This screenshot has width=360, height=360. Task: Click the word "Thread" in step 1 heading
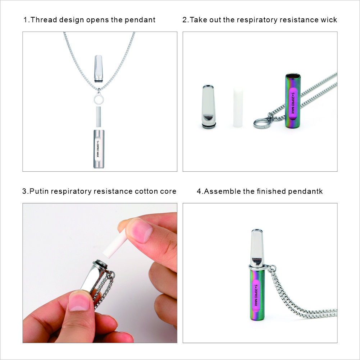[44, 20]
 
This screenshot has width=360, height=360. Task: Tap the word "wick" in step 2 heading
[329, 20]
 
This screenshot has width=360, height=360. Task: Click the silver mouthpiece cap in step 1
[99, 68]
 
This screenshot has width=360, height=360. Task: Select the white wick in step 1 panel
[99, 117]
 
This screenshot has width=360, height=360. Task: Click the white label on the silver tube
[98, 149]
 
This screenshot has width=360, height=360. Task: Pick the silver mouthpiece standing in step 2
[209, 107]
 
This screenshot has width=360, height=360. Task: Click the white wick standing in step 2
[238, 107]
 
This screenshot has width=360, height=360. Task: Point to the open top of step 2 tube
[293, 76]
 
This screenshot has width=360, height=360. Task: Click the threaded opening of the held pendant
[100, 264]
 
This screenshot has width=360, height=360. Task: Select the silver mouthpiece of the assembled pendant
[257, 248]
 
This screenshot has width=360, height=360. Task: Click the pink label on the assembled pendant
[256, 296]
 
